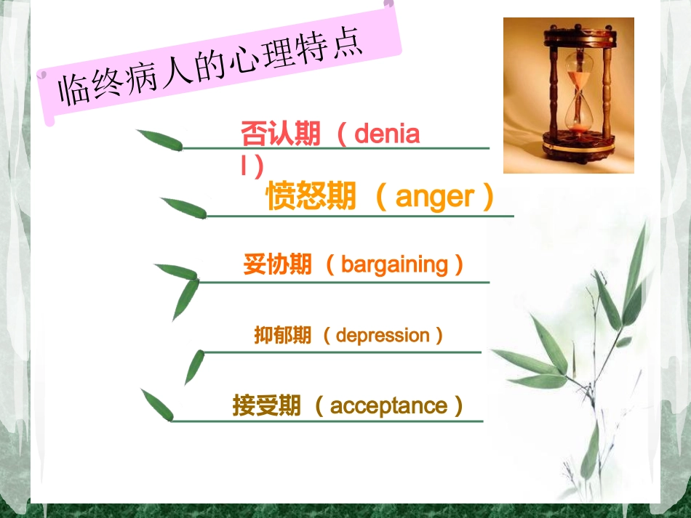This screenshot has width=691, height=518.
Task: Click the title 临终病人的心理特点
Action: point(211,69)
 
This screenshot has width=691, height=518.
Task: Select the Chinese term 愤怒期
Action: point(311,196)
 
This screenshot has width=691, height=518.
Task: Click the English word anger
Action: point(434,196)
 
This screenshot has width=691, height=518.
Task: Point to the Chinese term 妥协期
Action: point(278,264)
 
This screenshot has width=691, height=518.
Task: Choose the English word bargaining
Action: point(394,264)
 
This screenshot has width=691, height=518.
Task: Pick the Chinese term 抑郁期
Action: point(283,335)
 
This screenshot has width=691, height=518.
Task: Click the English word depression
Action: point(383,335)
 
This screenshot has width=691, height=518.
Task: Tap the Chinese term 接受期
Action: point(266,405)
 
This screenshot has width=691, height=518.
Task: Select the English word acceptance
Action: point(388,405)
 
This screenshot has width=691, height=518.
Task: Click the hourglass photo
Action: point(568,95)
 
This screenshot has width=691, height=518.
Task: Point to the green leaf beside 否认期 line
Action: point(160,139)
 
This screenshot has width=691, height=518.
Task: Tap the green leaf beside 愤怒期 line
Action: point(184,208)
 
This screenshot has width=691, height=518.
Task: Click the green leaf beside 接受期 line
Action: point(157,405)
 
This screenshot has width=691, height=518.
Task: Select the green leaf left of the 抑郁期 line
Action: point(194,366)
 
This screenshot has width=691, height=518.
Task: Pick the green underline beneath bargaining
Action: point(342,282)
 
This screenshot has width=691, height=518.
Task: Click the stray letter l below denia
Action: point(244,166)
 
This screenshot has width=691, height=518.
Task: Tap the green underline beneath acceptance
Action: point(327,421)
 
